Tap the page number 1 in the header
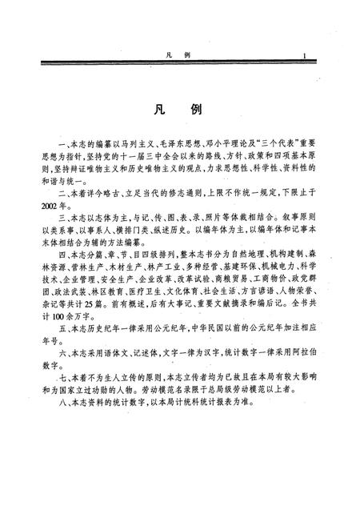coord(305,55)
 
